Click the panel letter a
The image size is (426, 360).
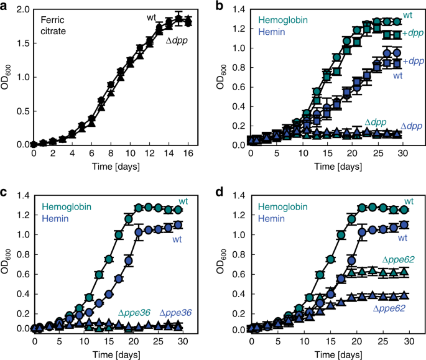tap(6, 7)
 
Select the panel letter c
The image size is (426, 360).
tap(6, 189)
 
